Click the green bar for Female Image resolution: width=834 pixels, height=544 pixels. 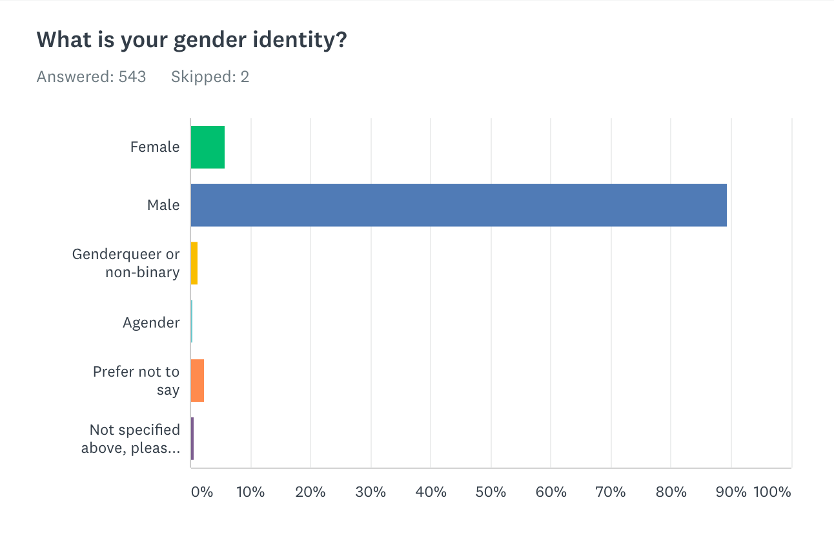coord(208,147)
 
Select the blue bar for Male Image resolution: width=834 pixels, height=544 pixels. coord(458,205)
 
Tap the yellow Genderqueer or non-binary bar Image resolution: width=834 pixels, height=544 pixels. coord(194,264)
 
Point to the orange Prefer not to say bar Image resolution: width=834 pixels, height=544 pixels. coord(198,381)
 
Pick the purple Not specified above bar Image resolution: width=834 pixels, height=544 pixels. coord(192,439)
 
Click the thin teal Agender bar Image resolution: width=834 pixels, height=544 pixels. coord(192,322)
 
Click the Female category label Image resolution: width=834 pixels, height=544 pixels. coord(155,147)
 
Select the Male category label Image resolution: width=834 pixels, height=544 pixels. coord(163,205)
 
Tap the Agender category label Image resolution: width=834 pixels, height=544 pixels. coord(151,322)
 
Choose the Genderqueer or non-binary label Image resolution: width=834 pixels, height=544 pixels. coord(126,264)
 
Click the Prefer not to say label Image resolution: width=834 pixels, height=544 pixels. coord(136,381)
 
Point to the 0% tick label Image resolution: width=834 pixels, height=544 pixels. coord(202,492)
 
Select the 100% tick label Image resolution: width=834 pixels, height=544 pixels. coord(771,492)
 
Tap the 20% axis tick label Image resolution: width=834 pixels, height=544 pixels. coord(310,492)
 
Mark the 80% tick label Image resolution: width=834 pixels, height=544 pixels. coord(671,492)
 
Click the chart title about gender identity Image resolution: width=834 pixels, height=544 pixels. coord(192,41)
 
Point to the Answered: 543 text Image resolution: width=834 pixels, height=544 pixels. coord(92,78)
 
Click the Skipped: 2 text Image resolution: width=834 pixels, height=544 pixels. coord(210,78)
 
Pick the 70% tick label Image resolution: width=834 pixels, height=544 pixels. coord(611,492)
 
